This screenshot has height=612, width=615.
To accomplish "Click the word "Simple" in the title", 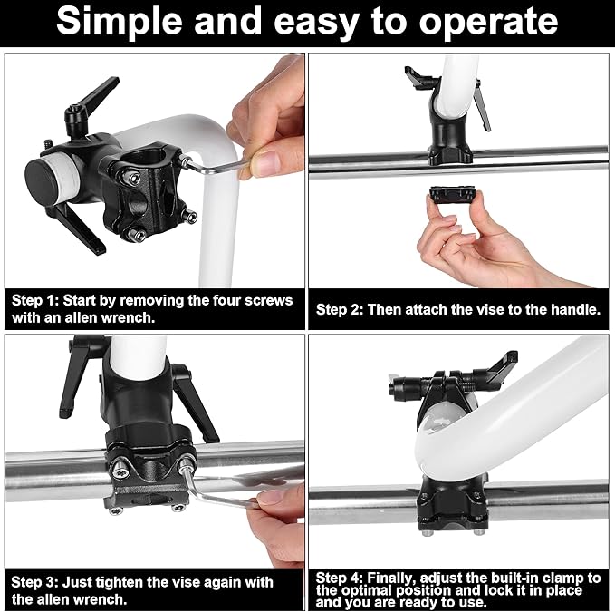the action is click(120, 21).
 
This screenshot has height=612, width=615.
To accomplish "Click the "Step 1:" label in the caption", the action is click(35, 301).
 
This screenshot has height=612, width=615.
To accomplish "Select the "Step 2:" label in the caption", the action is click(340, 310).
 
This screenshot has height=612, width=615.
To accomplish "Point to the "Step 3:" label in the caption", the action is click(34, 582).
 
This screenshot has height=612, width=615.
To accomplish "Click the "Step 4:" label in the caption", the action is click(340, 578).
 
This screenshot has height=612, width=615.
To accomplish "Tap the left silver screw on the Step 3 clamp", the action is click(120, 470).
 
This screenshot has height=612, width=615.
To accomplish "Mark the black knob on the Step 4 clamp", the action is click(399, 386).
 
